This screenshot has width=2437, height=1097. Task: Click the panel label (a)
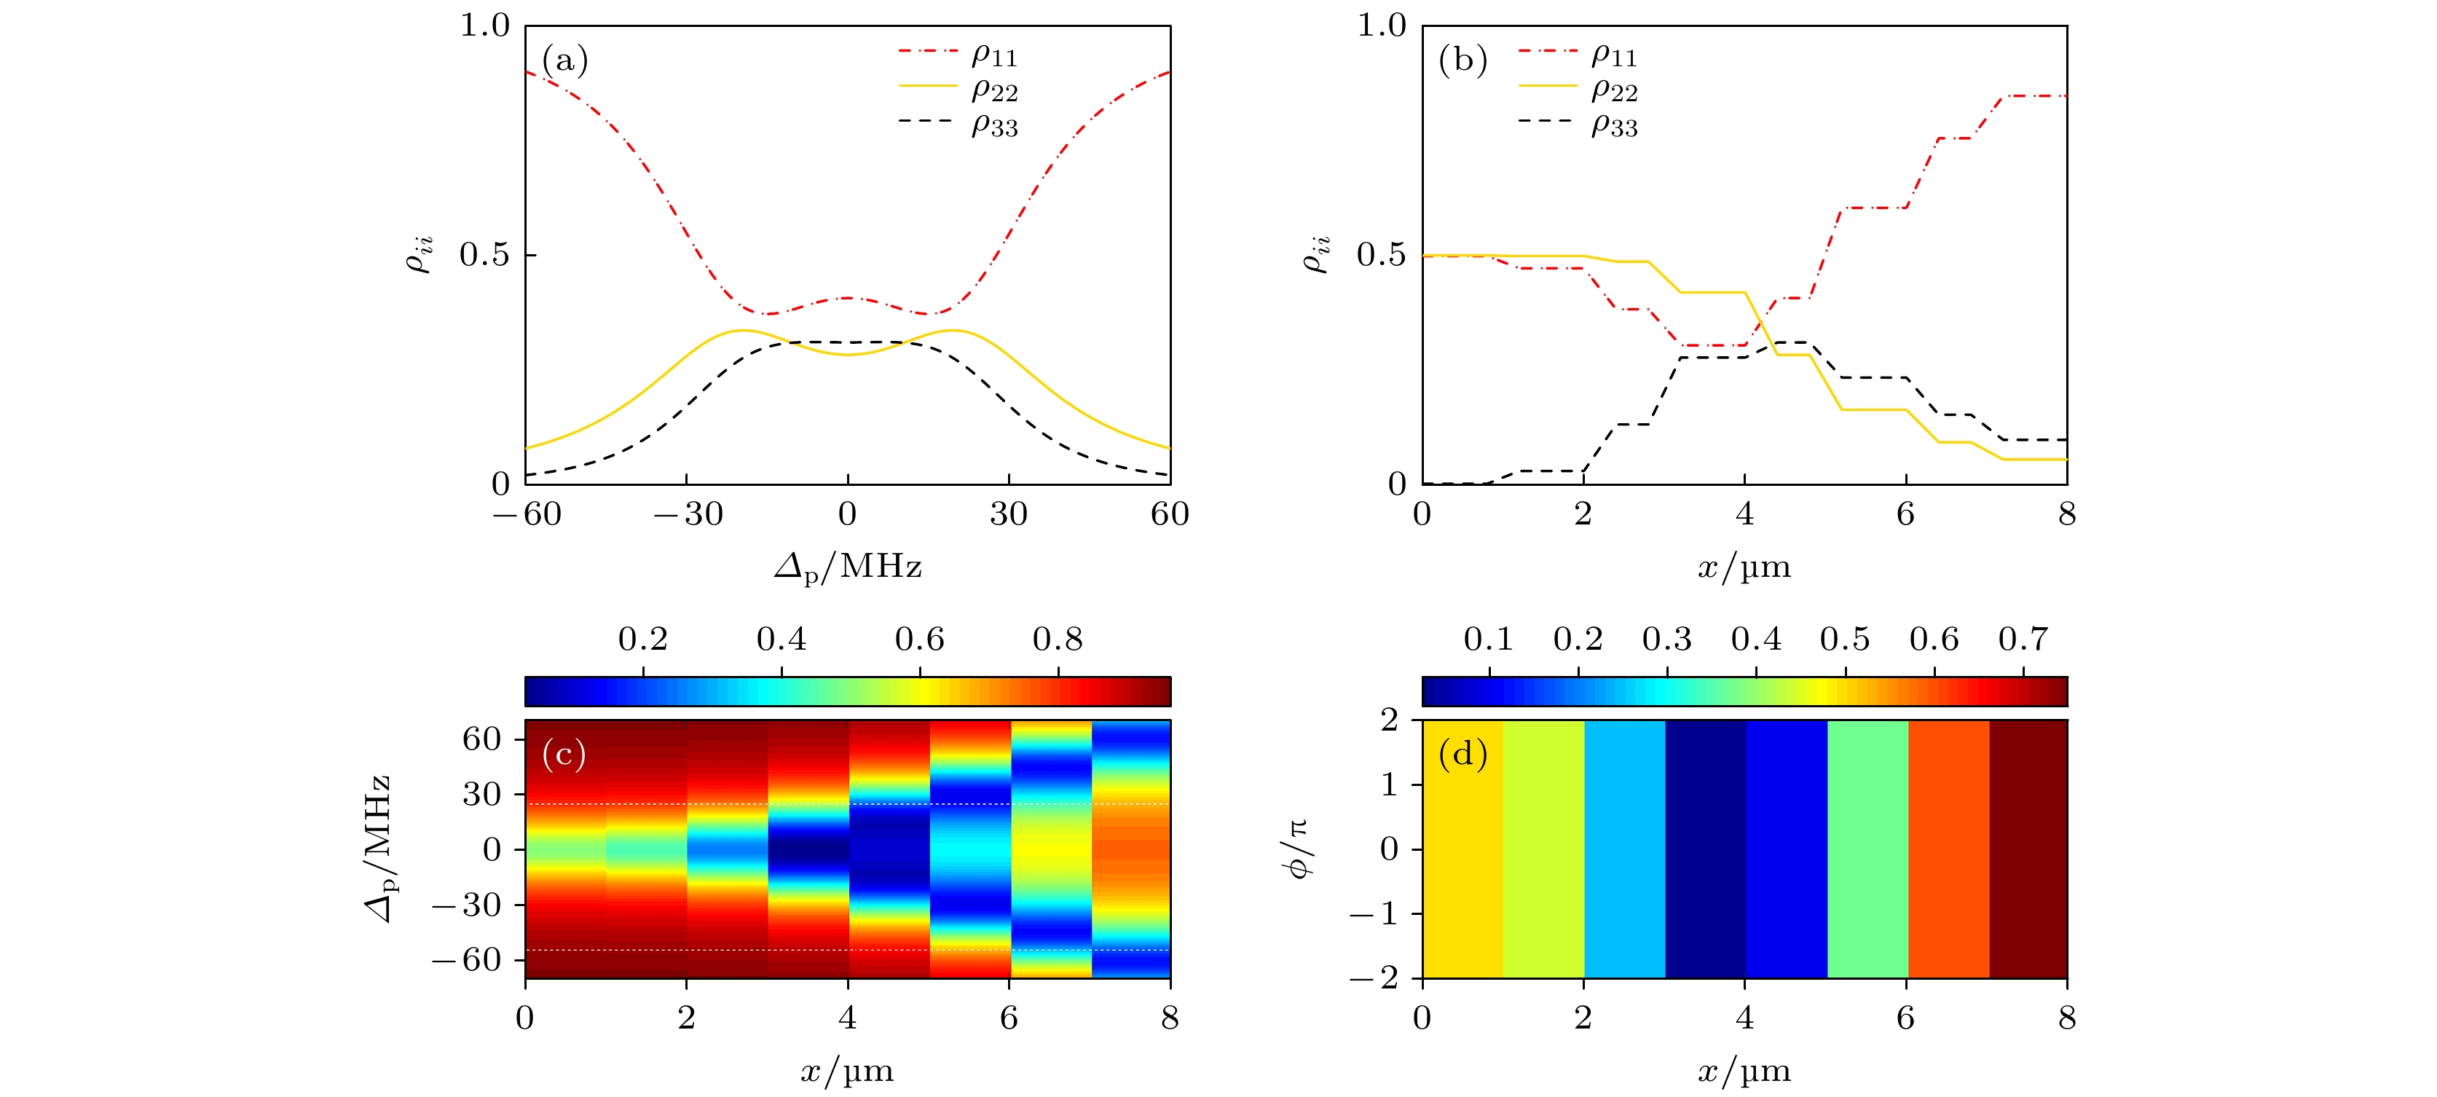click(x=564, y=60)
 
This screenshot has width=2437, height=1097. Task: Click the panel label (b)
click(x=1462, y=60)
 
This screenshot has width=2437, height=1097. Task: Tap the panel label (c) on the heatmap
click(x=564, y=755)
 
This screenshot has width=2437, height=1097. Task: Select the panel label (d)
click(x=1462, y=755)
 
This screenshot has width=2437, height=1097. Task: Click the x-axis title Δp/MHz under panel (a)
click(x=848, y=567)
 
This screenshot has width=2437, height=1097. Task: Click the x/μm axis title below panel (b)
click(x=1744, y=567)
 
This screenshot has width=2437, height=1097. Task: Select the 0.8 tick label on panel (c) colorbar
click(x=1058, y=640)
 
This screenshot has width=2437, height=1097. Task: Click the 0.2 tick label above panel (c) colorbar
click(x=643, y=640)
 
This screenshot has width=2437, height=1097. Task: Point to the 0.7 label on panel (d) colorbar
click(x=2023, y=640)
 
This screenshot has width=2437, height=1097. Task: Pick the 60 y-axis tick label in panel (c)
click(x=481, y=739)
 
